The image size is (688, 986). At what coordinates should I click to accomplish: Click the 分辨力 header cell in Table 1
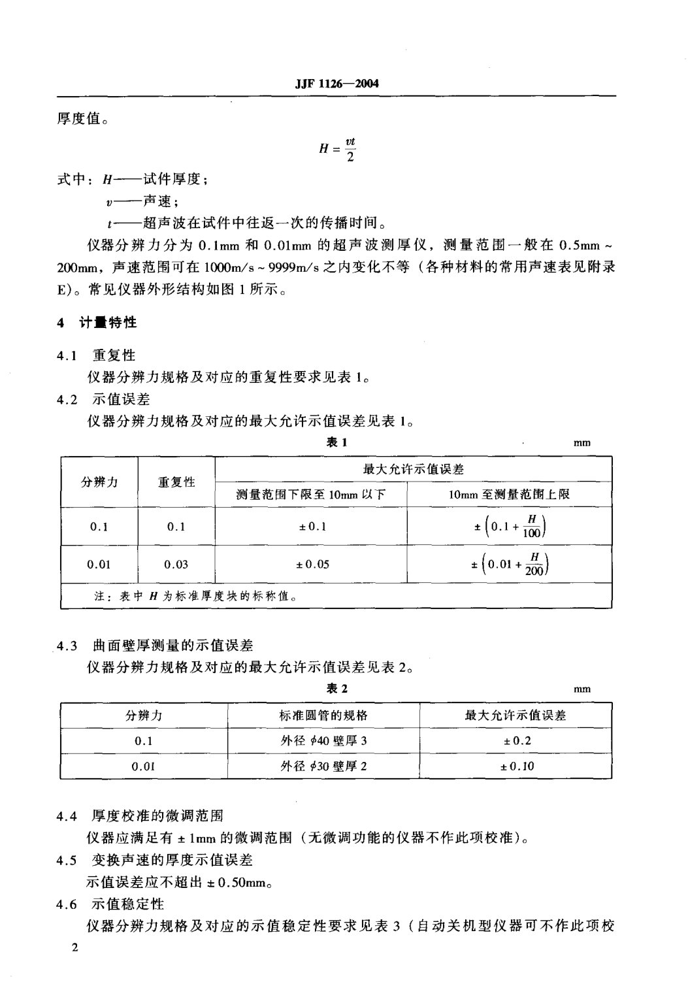click(x=99, y=482)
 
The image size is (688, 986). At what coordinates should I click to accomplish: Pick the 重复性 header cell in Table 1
click(x=176, y=482)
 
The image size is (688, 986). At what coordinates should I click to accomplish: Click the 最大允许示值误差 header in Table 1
click(x=413, y=468)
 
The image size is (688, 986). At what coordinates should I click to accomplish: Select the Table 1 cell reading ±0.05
click(x=311, y=564)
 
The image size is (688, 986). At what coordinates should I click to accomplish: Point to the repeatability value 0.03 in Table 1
click(x=176, y=564)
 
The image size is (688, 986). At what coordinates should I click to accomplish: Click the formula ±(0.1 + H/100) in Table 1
click(x=510, y=526)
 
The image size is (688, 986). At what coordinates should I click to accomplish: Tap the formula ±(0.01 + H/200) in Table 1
click(x=510, y=564)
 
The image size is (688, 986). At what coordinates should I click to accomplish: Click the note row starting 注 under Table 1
click(x=196, y=596)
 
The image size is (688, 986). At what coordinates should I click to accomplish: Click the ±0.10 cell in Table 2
click(x=516, y=766)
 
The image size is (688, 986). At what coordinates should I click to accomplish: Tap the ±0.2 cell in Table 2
click(x=516, y=741)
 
